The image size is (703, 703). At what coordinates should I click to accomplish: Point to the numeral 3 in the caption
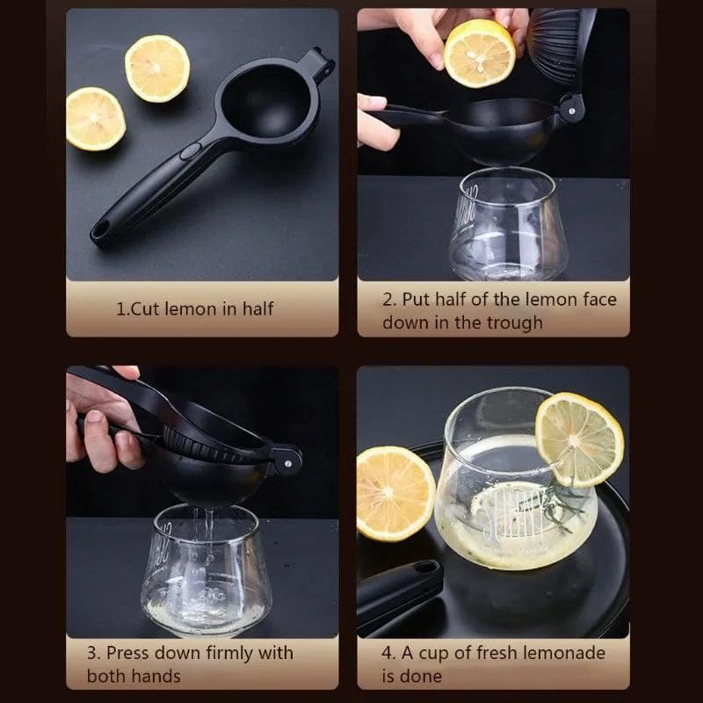[91, 653]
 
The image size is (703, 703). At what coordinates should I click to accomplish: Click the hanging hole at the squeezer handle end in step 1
[101, 230]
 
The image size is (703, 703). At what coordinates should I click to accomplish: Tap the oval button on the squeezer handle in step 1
[191, 151]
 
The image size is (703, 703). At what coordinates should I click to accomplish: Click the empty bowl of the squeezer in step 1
[266, 102]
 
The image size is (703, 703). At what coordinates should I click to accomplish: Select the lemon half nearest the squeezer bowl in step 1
[157, 69]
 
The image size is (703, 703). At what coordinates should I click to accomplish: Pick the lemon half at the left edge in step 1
[95, 119]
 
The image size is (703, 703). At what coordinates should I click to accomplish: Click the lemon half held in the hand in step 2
[479, 54]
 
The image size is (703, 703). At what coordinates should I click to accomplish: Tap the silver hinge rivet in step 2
[571, 111]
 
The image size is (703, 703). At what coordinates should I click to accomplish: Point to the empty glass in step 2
[509, 224]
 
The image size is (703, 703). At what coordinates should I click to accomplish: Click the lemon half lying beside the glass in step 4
[395, 493]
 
